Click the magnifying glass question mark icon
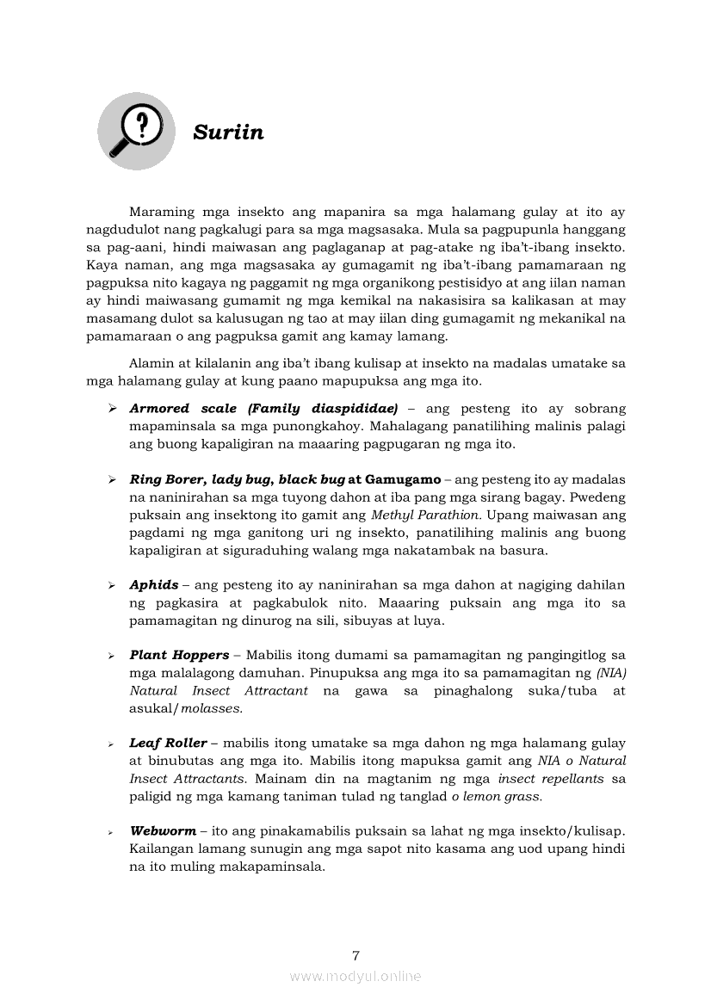tap(136, 131)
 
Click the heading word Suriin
tap(228, 133)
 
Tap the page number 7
tap(355, 955)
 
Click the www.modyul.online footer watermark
tap(355, 976)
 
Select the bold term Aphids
tap(154, 585)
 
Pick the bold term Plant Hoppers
tap(179, 656)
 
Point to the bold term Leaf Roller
tap(168, 744)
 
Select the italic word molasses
tap(211, 708)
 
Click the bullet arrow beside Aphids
tap(112, 585)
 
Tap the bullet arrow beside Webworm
tap(112, 832)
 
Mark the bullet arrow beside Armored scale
tap(112, 409)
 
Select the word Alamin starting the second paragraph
tap(150, 363)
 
